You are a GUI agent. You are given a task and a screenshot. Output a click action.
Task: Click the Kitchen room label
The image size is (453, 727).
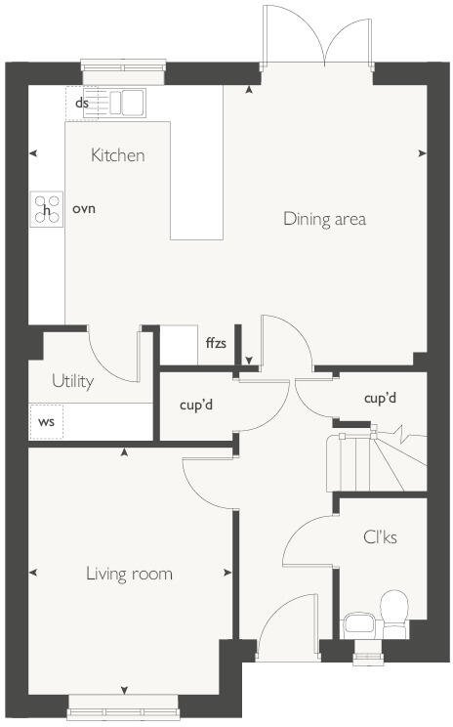117,155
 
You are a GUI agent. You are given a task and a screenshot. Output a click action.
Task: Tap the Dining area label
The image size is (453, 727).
324,219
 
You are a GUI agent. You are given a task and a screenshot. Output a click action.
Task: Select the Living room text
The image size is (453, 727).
129,574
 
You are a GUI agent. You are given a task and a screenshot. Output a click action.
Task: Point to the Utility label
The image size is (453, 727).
73,381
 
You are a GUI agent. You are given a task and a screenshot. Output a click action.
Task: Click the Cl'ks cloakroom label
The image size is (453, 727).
381,537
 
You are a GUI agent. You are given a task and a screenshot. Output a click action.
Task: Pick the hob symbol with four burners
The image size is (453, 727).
45,209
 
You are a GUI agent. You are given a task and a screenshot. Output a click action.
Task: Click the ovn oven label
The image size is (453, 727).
84,209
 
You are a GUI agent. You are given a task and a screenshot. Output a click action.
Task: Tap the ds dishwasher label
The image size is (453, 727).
82,103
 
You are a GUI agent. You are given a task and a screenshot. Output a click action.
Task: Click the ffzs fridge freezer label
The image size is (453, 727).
216,343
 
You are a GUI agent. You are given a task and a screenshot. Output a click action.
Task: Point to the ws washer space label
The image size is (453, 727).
46,422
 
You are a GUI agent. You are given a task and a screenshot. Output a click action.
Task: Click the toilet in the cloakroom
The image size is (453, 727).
394,612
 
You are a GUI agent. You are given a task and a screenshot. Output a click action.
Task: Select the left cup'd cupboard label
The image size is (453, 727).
196,404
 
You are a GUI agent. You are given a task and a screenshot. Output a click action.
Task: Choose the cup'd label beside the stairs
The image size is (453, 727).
380,399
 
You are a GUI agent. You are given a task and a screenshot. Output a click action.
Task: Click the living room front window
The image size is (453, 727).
124,701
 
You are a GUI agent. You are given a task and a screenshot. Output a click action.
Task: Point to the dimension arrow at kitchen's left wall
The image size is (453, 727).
34,153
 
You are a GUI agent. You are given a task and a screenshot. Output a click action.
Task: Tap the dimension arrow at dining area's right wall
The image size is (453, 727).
422,153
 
